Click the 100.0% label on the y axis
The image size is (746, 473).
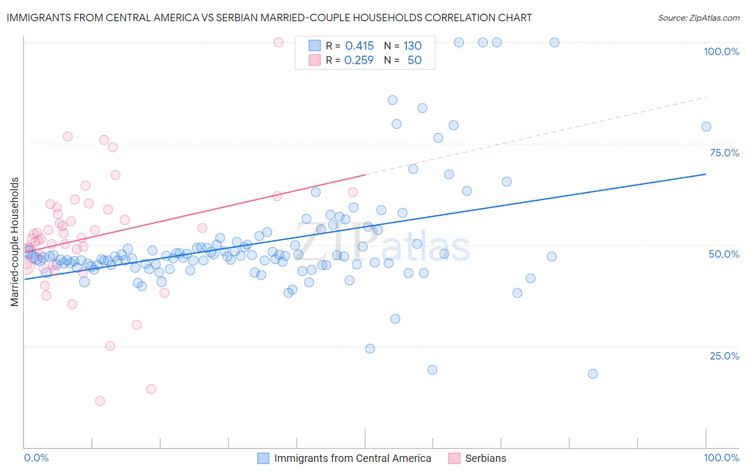(x=721, y=51)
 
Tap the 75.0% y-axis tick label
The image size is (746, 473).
(x=724, y=153)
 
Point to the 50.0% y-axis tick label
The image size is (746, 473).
(x=724, y=254)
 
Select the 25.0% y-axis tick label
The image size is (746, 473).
(x=724, y=356)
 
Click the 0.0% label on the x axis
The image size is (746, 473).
(x=36, y=458)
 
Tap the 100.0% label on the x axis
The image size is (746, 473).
(x=721, y=458)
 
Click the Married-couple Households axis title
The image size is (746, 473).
(x=15, y=242)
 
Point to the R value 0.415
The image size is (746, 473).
(x=359, y=46)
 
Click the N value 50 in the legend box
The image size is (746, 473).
(x=414, y=60)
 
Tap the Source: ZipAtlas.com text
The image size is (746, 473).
(x=698, y=17)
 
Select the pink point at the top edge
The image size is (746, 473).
(x=279, y=42)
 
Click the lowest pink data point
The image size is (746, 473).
(x=100, y=401)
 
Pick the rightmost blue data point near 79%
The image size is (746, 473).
(x=706, y=126)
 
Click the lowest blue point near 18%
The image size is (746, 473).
(x=593, y=374)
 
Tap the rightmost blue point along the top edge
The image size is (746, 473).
(x=554, y=42)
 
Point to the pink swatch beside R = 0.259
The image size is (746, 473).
(x=315, y=60)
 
